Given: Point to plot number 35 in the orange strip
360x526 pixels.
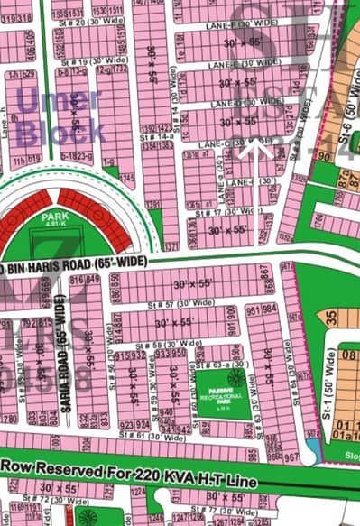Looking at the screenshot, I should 331,318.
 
